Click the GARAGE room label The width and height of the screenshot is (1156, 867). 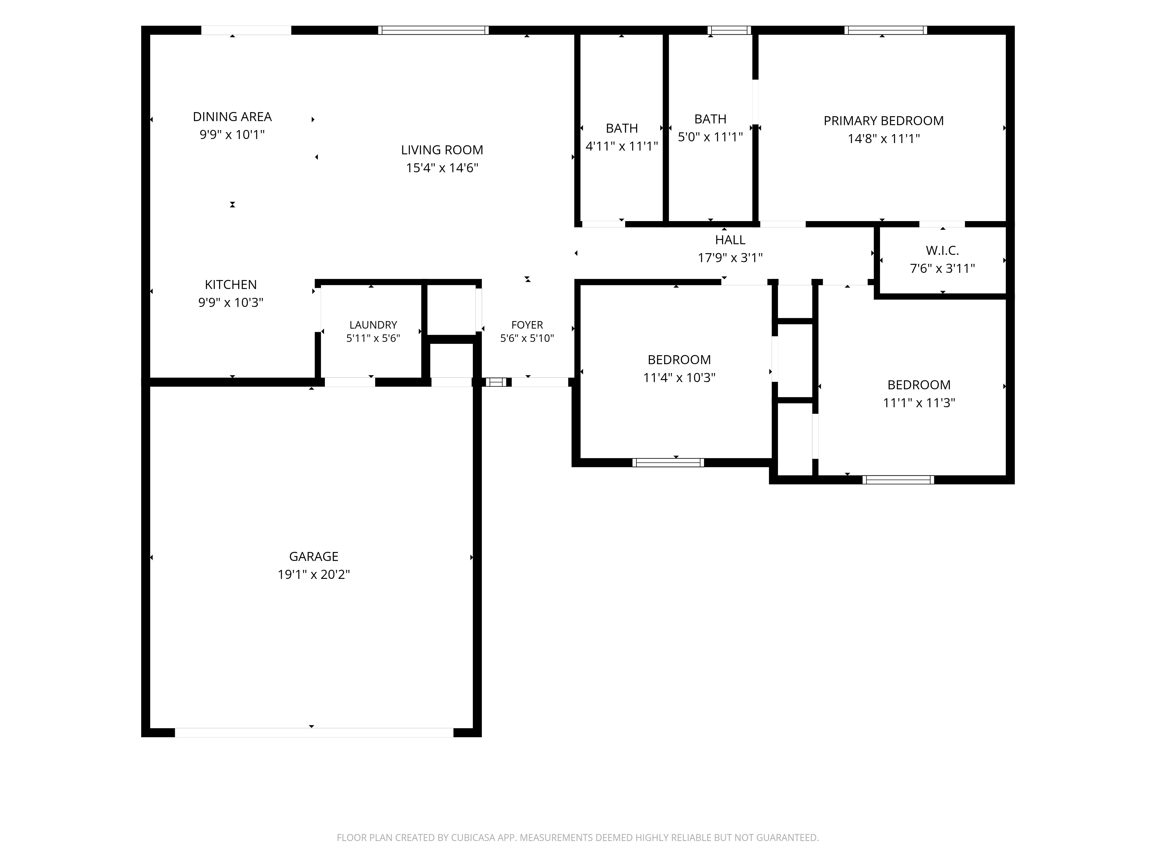(314, 557)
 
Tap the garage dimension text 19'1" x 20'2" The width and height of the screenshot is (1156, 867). (314, 574)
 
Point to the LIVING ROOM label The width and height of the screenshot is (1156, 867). (442, 150)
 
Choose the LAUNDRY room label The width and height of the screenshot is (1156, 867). (373, 325)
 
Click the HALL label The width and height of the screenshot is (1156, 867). (730, 240)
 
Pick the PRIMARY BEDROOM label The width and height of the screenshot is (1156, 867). (884, 121)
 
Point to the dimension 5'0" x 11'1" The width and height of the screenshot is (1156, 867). (710, 137)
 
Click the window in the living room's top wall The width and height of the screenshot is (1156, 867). (433, 30)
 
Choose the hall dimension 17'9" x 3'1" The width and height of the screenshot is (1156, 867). (730, 258)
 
